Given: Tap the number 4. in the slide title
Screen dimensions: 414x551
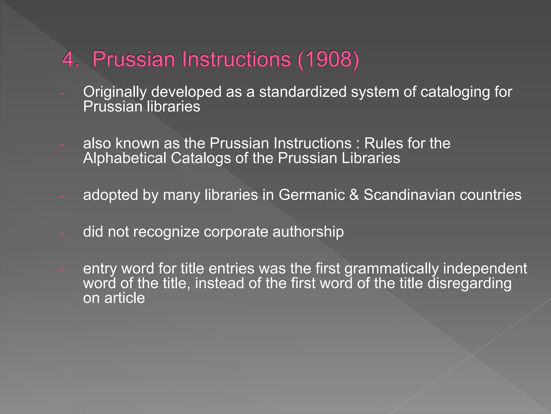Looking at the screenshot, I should pyautogui.click(x=70, y=59).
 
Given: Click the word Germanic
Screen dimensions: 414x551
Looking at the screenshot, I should pyautogui.click(x=312, y=195).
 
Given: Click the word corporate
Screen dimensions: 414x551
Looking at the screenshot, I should pyautogui.click(x=236, y=232).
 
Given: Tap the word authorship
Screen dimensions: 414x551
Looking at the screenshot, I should pyautogui.click(x=308, y=232).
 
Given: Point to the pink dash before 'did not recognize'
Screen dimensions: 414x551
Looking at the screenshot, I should pyautogui.click(x=62, y=233).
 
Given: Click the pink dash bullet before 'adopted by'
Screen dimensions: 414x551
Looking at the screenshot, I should pyautogui.click(x=62, y=196).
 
